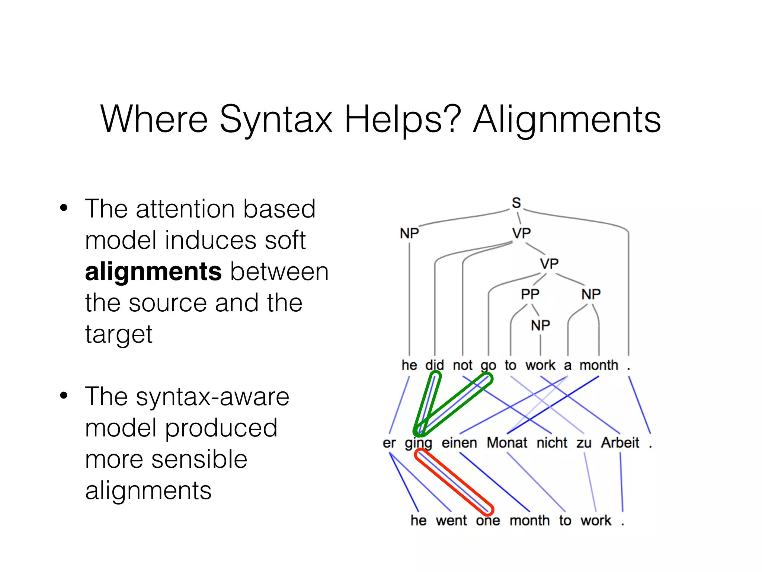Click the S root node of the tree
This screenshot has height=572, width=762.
pos(516,203)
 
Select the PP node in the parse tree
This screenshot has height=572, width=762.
pos(530,294)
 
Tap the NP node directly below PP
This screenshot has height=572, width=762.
pos(540,325)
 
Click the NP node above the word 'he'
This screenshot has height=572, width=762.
pos(409,233)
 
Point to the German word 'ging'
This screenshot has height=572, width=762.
pos(418,443)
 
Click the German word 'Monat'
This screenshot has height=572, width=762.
pos(507,443)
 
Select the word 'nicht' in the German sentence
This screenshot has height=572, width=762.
pos(552,443)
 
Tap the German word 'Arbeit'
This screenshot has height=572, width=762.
pos(620,443)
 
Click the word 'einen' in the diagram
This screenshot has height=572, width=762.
pos(459,443)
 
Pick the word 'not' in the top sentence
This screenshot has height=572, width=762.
pos(462,365)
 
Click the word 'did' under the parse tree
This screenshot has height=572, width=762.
pos(435,365)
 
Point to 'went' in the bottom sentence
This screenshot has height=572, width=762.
pos(451,521)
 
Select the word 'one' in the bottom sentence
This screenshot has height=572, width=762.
pos(488,521)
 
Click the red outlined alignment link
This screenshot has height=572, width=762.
pos(454,482)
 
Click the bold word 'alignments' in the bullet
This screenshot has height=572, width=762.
pos(153,271)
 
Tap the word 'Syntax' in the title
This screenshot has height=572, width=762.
pos(276,120)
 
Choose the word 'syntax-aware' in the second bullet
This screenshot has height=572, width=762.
pos(212,397)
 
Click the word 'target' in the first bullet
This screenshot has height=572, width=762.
pos(119,334)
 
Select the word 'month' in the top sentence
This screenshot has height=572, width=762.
pos(599,365)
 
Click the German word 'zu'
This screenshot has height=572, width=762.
pos(584,443)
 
